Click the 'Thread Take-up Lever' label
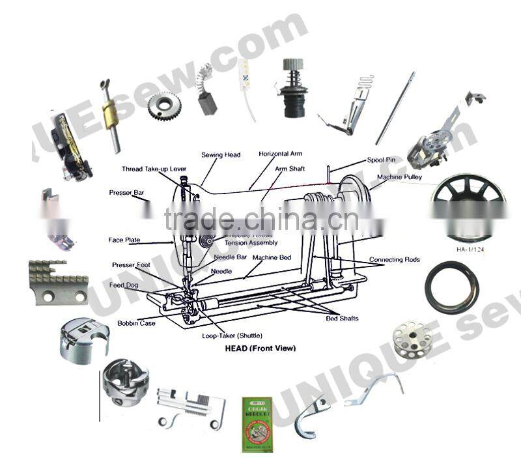pyautogui.click(x=154, y=169)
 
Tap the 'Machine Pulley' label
pyautogui.click(x=399, y=177)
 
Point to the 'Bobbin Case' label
pyautogui.click(x=136, y=323)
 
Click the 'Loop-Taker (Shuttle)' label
pyautogui.click(x=232, y=335)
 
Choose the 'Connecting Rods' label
pyautogui.click(x=395, y=260)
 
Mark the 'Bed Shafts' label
pyautogui.click(x=342, y=319)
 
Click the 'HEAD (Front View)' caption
pyautogui.click(x=260, y=349)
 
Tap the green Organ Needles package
pyautogui.click(x=257, y=424)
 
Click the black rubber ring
pyautogui.click(x=451, y=287)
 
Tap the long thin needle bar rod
pyautogui.click(x=395, y=108)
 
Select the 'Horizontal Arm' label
pyautogui.click(x=280, y=154)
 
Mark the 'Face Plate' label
pyautogui.click(x=124, y=240)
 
